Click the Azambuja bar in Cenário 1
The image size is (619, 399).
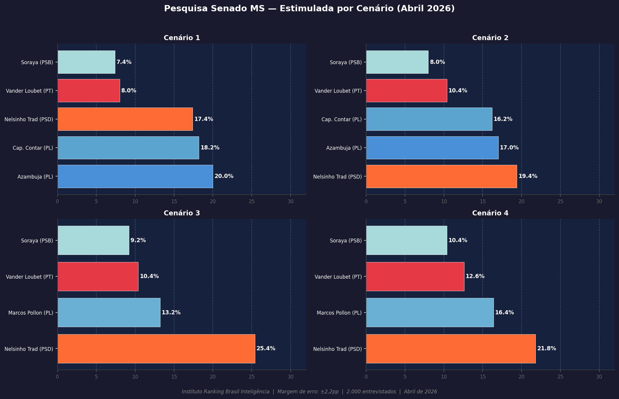135,176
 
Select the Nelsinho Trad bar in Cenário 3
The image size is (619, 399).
156,348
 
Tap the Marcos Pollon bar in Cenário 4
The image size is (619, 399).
430,313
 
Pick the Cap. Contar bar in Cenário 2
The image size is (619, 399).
429,119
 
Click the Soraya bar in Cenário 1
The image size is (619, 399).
86,62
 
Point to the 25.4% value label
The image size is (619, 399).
266,348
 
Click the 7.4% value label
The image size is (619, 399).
124,62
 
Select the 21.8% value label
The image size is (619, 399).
546,348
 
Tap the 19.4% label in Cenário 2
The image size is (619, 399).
528,176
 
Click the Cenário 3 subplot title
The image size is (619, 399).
182,213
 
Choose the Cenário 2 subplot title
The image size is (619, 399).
490,38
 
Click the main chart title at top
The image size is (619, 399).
309,9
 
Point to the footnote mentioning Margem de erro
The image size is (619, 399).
309,392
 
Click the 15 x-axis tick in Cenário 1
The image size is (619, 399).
174,201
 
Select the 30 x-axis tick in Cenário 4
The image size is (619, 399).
599,377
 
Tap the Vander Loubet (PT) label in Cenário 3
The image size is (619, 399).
29,277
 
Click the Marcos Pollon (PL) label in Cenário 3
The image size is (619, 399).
31,313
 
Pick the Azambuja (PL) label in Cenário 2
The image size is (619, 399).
344,148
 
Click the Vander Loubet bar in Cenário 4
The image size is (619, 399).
415,277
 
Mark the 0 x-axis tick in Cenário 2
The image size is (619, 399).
366,201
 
